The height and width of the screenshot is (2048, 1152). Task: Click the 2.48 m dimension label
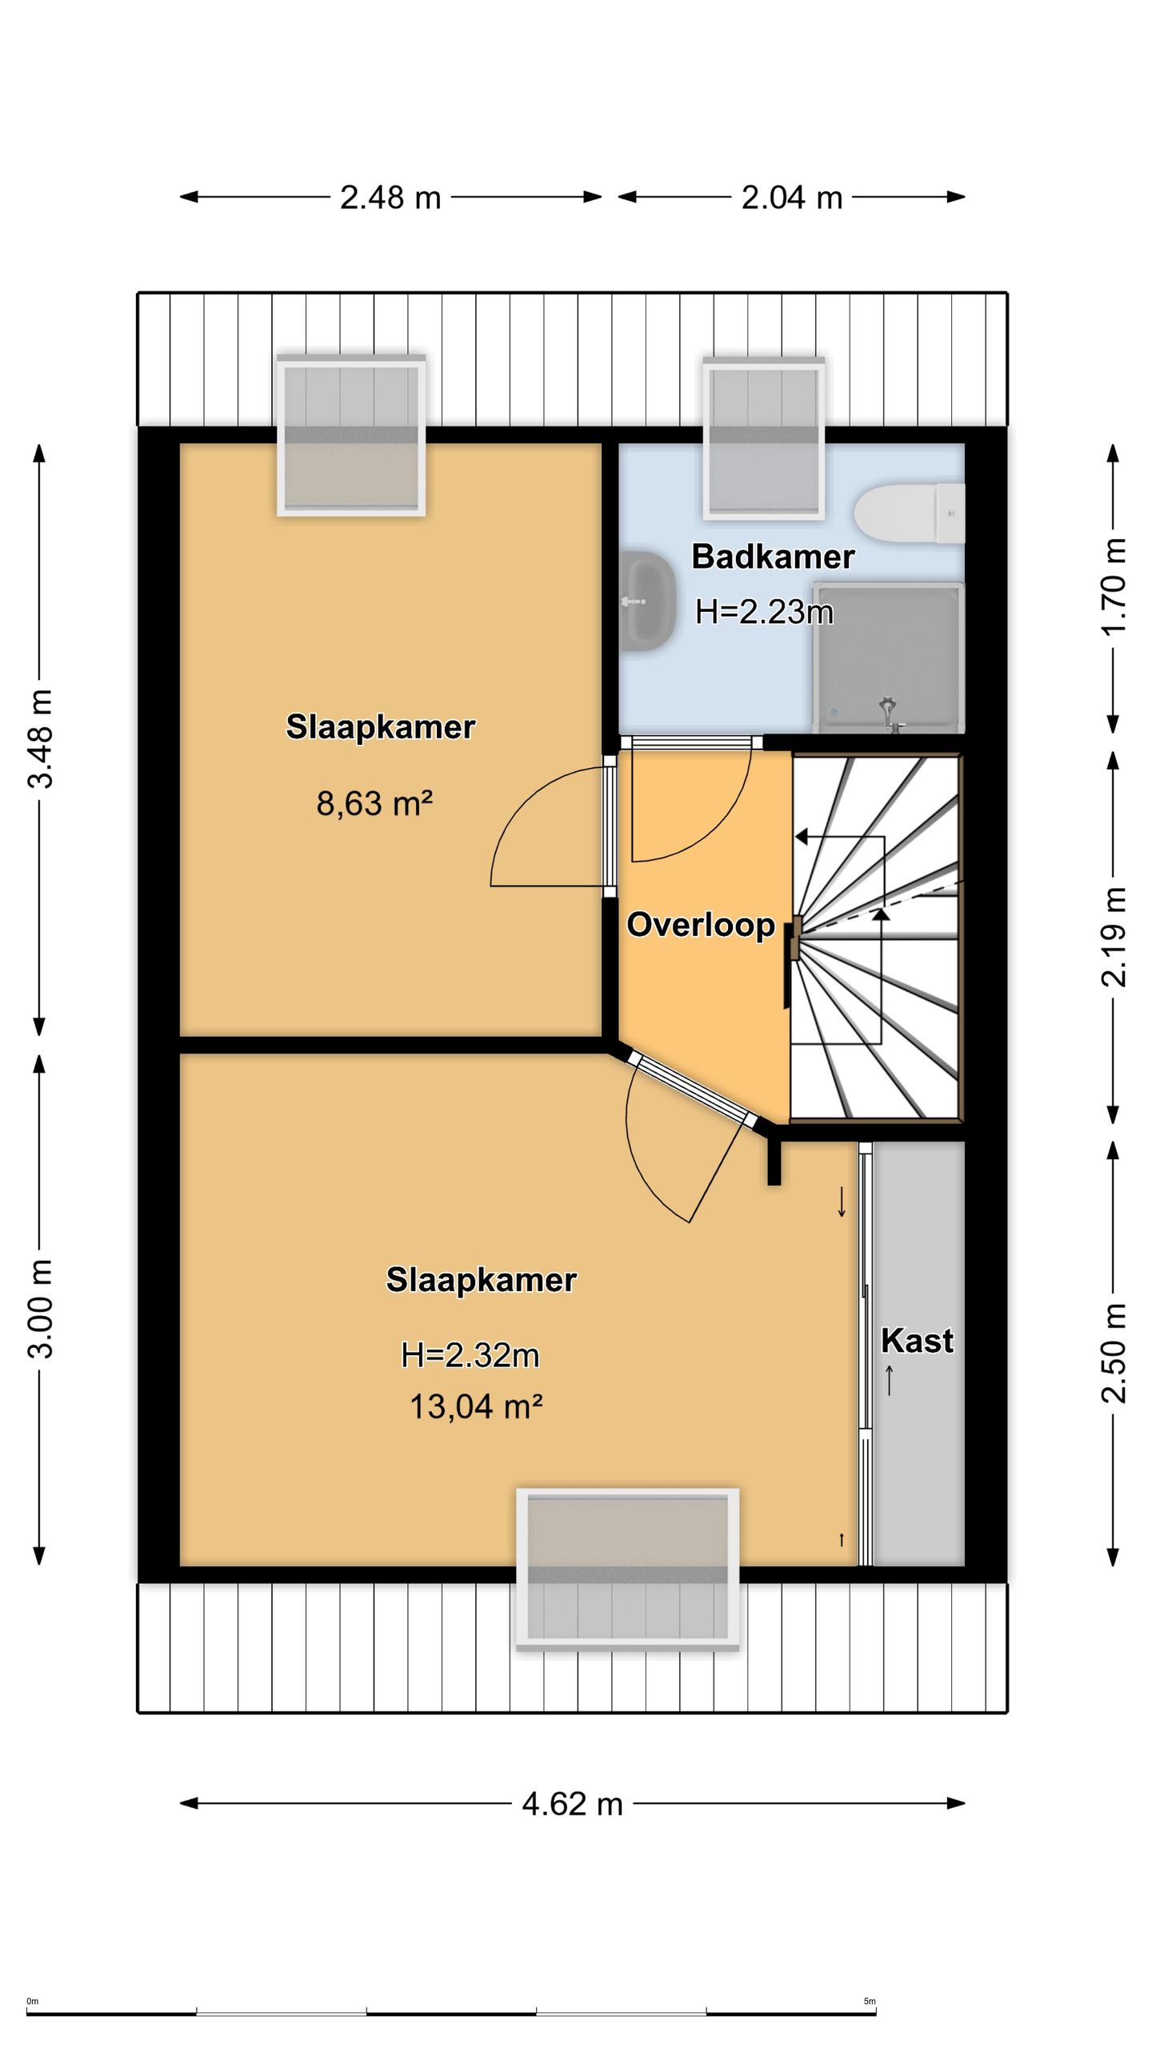tap(390, 198)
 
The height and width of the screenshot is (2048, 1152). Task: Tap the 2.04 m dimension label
tap(792, 198)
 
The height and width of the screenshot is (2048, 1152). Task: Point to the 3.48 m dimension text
tap(41, 738)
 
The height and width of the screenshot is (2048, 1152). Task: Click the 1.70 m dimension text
tap(1114, 586)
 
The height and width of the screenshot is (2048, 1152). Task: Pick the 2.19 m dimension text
tap(1114, 937)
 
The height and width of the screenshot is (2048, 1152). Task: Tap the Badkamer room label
tap(773, 557)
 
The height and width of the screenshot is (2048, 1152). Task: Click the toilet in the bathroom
tap(910, 514)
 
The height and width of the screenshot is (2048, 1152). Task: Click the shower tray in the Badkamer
tap(888, 657)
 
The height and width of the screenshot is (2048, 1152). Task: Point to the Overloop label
tap(701, 925)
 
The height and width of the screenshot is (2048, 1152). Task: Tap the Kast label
tap(917, 1341)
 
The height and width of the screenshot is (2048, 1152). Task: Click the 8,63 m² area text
tap(374, 803)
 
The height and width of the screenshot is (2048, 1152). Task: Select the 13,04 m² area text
tap(476, 1406)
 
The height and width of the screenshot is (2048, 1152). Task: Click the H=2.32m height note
tap(470, 1355)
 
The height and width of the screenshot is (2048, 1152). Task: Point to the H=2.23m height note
tap(764, 612)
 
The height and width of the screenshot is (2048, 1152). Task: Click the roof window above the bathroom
tap(763, 438)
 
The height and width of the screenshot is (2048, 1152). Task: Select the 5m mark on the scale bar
tap(870, 2002)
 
